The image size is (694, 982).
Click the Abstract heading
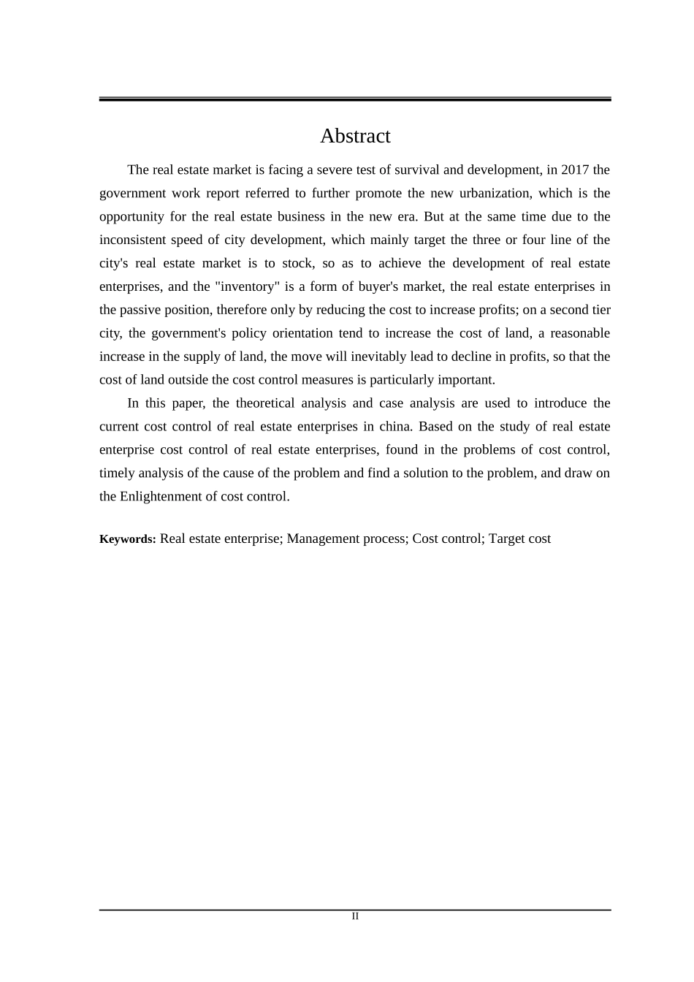click(x=355, y=136)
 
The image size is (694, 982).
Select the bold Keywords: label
click(x=128, y=539)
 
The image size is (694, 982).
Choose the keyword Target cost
click(x=519, y=539)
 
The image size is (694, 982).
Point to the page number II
click(x=355, y=916)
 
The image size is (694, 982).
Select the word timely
click(x=117, y=473)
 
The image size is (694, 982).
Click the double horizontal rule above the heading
click(x=355, y=99)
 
